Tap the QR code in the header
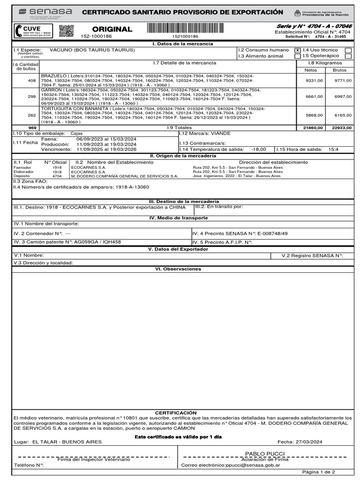click(66, 31)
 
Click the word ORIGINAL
click(112, 29)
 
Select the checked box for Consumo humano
click(297, 50)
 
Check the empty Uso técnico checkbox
click(348, 50)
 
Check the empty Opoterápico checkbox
click(348, 56)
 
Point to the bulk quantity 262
click(32, 115)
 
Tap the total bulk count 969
click(32, 127)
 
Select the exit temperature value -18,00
click(258, 149)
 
